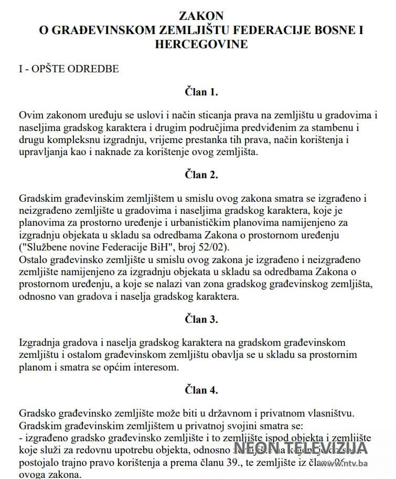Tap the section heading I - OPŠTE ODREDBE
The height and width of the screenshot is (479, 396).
[x=69, y=69]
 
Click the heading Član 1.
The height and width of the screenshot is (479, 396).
[x=201, y=92]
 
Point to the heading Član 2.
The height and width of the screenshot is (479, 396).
[x=201, y=175]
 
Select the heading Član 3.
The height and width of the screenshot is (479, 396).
[x=201, y=319]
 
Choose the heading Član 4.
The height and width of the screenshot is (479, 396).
[x=201, y=390]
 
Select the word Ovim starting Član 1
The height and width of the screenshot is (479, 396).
[x=29, y=115]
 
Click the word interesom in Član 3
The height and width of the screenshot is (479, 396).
[x=156, y=367]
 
